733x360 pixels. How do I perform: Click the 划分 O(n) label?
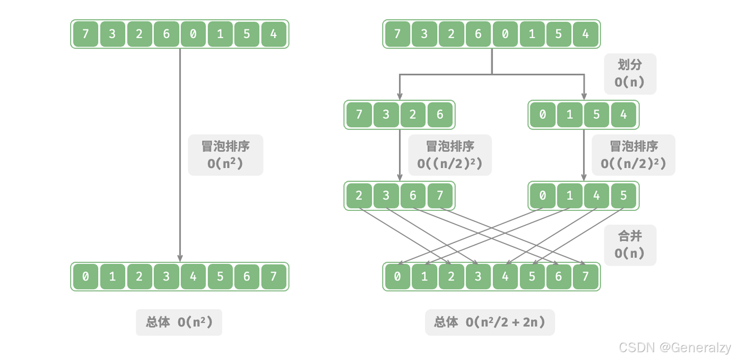(629, 74)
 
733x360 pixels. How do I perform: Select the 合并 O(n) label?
(629, 245)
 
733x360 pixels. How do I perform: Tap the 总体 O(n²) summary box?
(179, 322)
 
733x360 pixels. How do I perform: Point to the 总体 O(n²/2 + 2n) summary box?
(489, 322)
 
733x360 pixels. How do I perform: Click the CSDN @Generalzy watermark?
(675, 347)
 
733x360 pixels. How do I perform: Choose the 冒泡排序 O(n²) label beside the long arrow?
(225, 155)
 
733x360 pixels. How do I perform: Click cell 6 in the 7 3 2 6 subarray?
(439, 115)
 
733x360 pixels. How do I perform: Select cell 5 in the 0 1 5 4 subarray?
(596, 115)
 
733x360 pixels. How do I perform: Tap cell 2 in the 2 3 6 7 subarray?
(359, 196)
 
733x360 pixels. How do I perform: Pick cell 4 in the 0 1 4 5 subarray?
(596, 196)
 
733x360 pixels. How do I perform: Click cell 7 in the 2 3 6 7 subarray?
(439, 196)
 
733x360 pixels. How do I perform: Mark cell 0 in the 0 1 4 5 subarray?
(543, 196)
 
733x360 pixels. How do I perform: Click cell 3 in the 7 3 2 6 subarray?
(386, 115)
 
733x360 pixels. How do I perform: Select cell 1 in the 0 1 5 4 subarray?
(569, 115)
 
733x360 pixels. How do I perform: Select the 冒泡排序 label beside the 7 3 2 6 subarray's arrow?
(449, 155)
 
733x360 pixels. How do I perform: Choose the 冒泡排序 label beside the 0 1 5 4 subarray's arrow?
(633, 155)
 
